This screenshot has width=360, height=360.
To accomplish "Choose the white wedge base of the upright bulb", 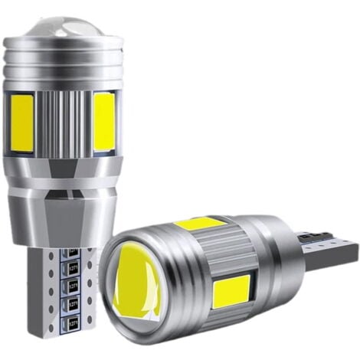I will click(57, 291).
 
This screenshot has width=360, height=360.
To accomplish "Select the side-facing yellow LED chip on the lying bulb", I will click(231, 290).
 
